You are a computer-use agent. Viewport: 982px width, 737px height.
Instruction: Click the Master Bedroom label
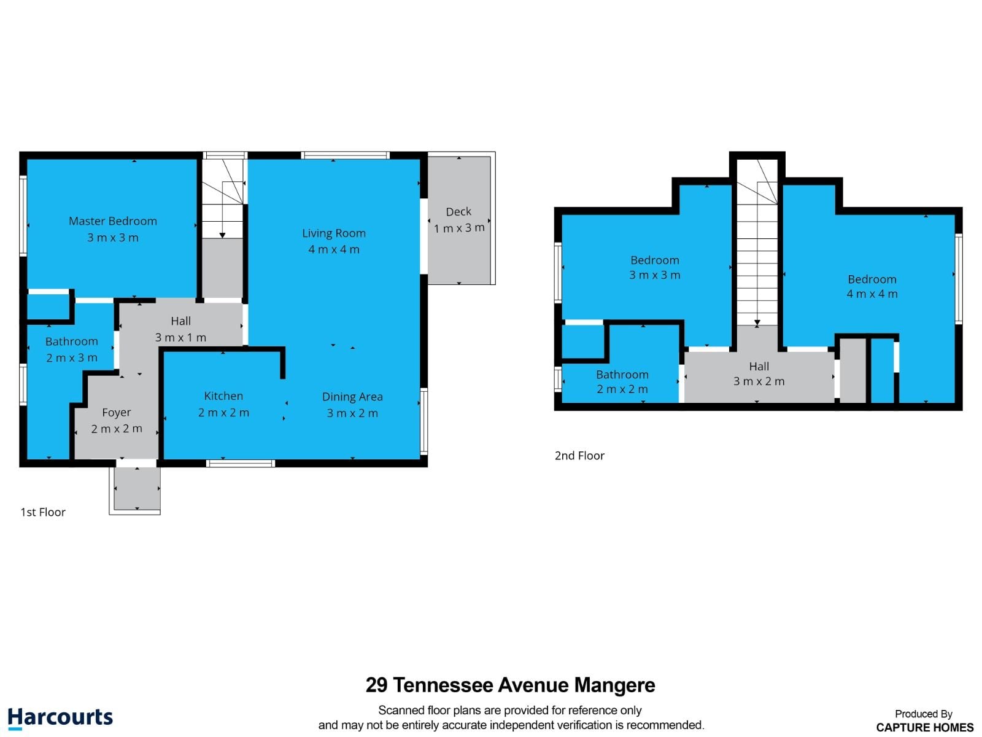click(x=113, y=221)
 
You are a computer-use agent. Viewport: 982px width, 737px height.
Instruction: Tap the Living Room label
click(x=334, y=233)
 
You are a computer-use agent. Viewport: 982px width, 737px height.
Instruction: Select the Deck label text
click(x=458, y=212)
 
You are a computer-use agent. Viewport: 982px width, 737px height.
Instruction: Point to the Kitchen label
click(x=223, y=396)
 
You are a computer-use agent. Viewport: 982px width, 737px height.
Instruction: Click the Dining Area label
click(x=352, y=397)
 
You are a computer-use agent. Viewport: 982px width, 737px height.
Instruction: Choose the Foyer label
click(x=117, y=413)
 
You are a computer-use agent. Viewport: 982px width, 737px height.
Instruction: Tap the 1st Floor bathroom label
click(x=72, y=341)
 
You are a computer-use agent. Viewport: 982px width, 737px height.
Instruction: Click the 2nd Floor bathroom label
click(x=622, y=375)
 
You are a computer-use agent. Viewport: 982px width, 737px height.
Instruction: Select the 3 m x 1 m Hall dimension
click(x=180, y=337)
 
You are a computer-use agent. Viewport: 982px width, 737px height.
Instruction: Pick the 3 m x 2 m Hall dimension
click(x=759, y=381)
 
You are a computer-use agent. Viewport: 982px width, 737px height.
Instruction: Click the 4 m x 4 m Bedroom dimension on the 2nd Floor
click(x=872, y=294)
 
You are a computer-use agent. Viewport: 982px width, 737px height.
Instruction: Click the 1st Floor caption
click(x=43, y=512)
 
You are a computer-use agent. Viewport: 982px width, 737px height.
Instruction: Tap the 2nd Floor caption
click(x=579, y=456)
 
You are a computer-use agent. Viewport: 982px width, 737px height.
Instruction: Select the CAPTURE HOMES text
click(x=925, y=728)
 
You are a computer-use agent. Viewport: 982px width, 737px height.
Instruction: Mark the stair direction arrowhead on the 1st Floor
click(x=222, y=235)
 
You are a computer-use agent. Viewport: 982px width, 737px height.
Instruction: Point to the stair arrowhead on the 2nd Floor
click(x=757, y=322)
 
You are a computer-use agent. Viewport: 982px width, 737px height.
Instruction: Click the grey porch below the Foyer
click(x=137, y=488)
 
